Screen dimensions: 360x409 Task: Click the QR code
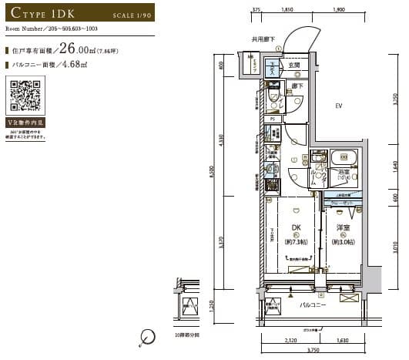(x=23, y=99)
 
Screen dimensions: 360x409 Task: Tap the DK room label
(x=296, y=228)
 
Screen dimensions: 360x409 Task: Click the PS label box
(x=273, y=119)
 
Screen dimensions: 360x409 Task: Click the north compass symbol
(x=147, y=335)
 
